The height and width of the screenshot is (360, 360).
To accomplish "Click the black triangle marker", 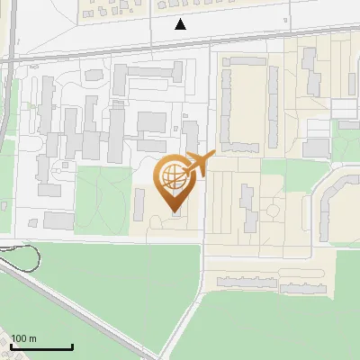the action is tap(181, 24).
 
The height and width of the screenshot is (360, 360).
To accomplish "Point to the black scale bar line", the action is tap(41, 347).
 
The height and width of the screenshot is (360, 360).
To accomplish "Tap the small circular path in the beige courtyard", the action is tap(270, 212).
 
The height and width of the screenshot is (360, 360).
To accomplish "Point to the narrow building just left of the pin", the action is tap(139, 203).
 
